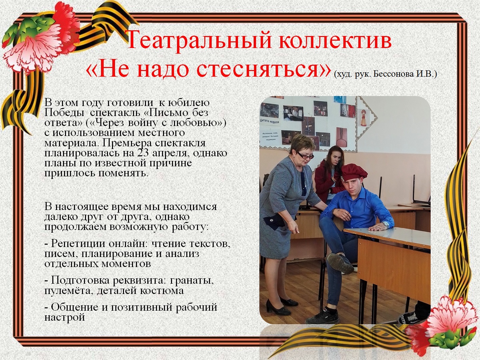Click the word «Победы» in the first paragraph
coord(65,113)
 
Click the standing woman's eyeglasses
coord(305,156)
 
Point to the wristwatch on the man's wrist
coord(386,224)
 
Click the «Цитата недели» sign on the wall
coord(269,121)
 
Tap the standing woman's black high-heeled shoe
coord(276,308)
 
